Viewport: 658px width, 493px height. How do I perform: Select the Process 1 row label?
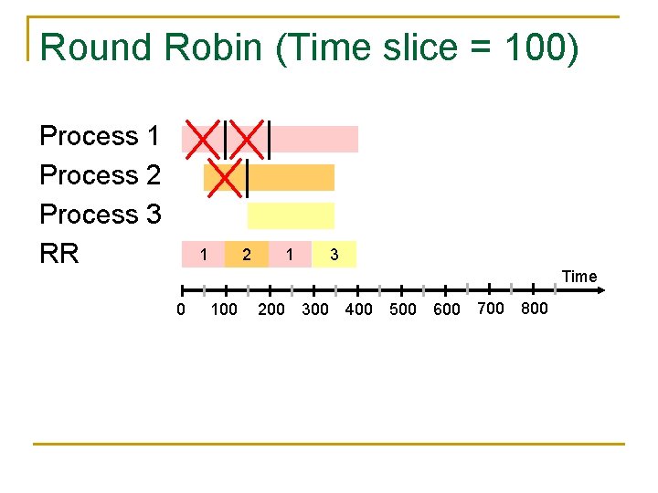[100, 137]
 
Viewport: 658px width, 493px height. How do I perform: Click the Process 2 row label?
[100, 175]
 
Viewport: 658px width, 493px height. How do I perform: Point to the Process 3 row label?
[100, 215]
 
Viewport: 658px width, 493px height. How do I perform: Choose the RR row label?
[60, 253]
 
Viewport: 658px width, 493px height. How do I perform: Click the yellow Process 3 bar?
[291, 215]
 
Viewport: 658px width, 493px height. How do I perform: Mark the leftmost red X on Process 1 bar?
[203, 138]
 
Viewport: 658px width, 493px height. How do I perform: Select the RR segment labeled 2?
[246, 255]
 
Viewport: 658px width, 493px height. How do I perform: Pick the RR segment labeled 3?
[334, 255]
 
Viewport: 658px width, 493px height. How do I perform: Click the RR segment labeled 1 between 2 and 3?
[290, 255]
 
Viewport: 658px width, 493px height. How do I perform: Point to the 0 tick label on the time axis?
[181, 309]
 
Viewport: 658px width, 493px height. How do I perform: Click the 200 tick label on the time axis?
[271, 309]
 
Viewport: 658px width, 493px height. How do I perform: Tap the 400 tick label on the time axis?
[359, 309]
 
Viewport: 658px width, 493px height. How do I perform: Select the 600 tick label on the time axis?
[447, 309]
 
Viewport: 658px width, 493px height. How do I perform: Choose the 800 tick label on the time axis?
[534, 309]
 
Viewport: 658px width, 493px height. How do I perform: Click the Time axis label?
[579, 277]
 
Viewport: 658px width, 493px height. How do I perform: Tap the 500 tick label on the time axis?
[403, 309]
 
